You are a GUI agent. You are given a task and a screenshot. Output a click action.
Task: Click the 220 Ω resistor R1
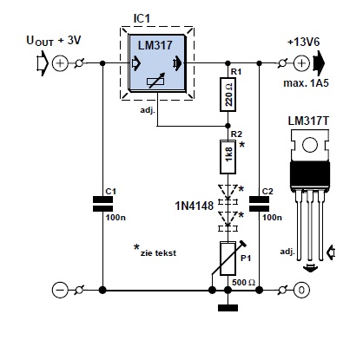(228, 95)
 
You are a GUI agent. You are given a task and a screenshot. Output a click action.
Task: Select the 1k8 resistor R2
(228, 157)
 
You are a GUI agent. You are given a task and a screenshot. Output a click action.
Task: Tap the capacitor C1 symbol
(102, 204)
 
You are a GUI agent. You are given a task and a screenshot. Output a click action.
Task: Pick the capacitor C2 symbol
(259, 204)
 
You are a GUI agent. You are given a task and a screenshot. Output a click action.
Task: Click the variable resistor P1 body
(228, 259)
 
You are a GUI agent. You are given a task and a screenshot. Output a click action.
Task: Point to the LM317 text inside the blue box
(155, 45)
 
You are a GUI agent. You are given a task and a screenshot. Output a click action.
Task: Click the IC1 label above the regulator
(142, 18)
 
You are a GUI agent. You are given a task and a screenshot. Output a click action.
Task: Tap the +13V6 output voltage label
(303, 43)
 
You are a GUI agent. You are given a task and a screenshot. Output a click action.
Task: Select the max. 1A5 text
(307, 83)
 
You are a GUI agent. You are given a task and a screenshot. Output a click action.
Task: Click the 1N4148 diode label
(195, 206)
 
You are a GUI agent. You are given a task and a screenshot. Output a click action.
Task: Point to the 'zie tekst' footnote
(155, 251)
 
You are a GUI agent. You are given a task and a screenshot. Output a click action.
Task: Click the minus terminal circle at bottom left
(60, 290)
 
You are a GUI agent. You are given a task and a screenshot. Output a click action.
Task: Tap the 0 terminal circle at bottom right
(301, 290)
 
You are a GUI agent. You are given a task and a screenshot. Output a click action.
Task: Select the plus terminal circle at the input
(60, 63)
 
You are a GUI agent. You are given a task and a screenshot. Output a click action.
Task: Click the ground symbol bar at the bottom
(228, 308)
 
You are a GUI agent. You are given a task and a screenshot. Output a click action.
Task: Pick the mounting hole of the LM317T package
(310, 144)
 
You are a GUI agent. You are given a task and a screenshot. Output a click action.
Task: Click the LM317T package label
(308, 121)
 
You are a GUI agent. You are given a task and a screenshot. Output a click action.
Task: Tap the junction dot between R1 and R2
(228, 126)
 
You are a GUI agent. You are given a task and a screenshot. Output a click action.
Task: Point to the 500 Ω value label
(243, 282)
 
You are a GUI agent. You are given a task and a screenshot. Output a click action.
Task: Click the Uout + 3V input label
(54, 41)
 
